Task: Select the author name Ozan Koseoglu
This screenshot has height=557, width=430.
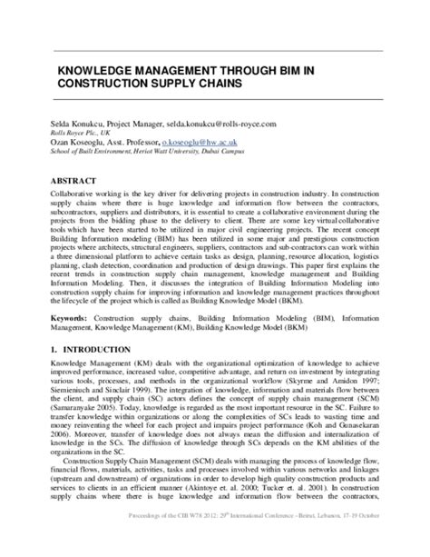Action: pos(86,143)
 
